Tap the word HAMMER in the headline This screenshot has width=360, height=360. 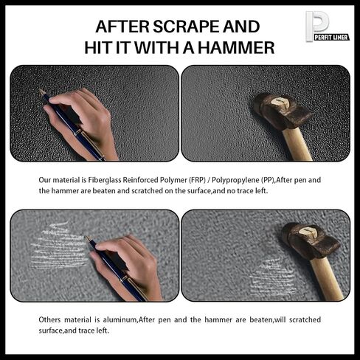coord(236,48)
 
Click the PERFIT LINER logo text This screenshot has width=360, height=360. coord(331,38)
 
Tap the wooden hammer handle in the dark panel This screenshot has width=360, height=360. coord(297,144)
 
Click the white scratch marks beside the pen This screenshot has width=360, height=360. coord(58,246)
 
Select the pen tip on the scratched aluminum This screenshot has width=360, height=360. coord(87,238)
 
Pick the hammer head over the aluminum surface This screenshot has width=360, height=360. coord(311,240)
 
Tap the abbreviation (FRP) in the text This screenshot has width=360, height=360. coord(197,180)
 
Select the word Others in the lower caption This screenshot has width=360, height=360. coord(49,319)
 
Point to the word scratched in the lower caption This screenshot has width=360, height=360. coord(305,319)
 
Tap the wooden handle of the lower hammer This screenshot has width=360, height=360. coord(327,279)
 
